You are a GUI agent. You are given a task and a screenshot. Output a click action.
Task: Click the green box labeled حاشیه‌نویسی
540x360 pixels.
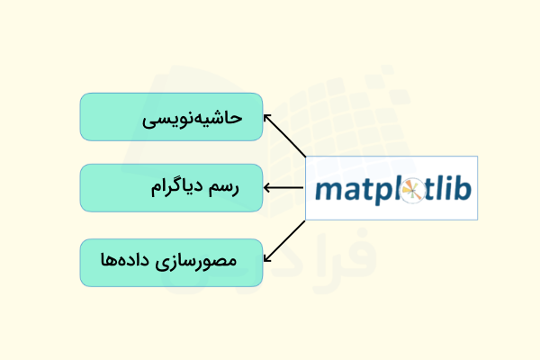point(171,117)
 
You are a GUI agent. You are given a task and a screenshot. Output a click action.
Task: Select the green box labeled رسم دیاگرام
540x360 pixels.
point(171,188)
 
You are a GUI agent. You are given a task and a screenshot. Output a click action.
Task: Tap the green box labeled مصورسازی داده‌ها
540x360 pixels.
point(171,263)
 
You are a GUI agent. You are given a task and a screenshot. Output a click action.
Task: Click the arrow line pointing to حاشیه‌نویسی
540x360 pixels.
point(286,138)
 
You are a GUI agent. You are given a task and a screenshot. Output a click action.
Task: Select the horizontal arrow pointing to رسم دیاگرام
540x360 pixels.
point(286,188)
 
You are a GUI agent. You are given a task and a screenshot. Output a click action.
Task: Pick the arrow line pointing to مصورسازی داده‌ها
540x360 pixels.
point(286,240)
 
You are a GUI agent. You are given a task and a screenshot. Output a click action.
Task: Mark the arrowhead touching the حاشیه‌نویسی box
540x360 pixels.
point(266,117)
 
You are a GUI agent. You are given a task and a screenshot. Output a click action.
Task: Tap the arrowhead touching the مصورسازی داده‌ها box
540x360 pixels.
point(266,260)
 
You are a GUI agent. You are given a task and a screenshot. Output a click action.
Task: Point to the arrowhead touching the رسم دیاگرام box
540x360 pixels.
point(268,188)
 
